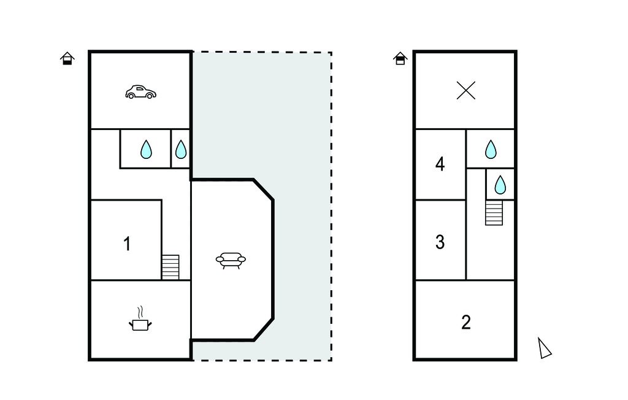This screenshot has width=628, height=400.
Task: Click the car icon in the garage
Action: (x=140, y=92)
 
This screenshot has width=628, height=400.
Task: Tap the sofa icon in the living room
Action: (x=231, y=260)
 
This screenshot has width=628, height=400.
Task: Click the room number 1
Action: (x=127, y=244)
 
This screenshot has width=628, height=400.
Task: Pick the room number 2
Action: (x=466, y=322)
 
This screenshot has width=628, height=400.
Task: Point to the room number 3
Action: (x=440, y=242)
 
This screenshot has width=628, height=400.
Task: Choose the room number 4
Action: (x=440, y=164)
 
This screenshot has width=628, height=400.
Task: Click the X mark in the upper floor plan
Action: (x=466, y=91)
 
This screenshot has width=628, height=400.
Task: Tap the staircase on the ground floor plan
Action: (x=170, y=267)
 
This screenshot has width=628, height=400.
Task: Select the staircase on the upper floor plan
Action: (x=494, y=212)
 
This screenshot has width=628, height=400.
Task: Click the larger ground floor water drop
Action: (x=146, y=149)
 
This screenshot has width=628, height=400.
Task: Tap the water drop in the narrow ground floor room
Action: (x=181, y=149)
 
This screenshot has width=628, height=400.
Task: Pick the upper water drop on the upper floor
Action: (x=491, y=149)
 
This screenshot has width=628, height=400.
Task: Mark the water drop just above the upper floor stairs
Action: (x=500, y=184)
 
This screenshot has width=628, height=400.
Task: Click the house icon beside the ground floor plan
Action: (x=67, y=58)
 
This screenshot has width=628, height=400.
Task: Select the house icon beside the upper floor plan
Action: (x=400, y=58)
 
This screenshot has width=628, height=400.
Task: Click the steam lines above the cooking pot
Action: (x=141, y=310)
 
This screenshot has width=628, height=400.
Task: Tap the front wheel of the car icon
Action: (x=149, y=96)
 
